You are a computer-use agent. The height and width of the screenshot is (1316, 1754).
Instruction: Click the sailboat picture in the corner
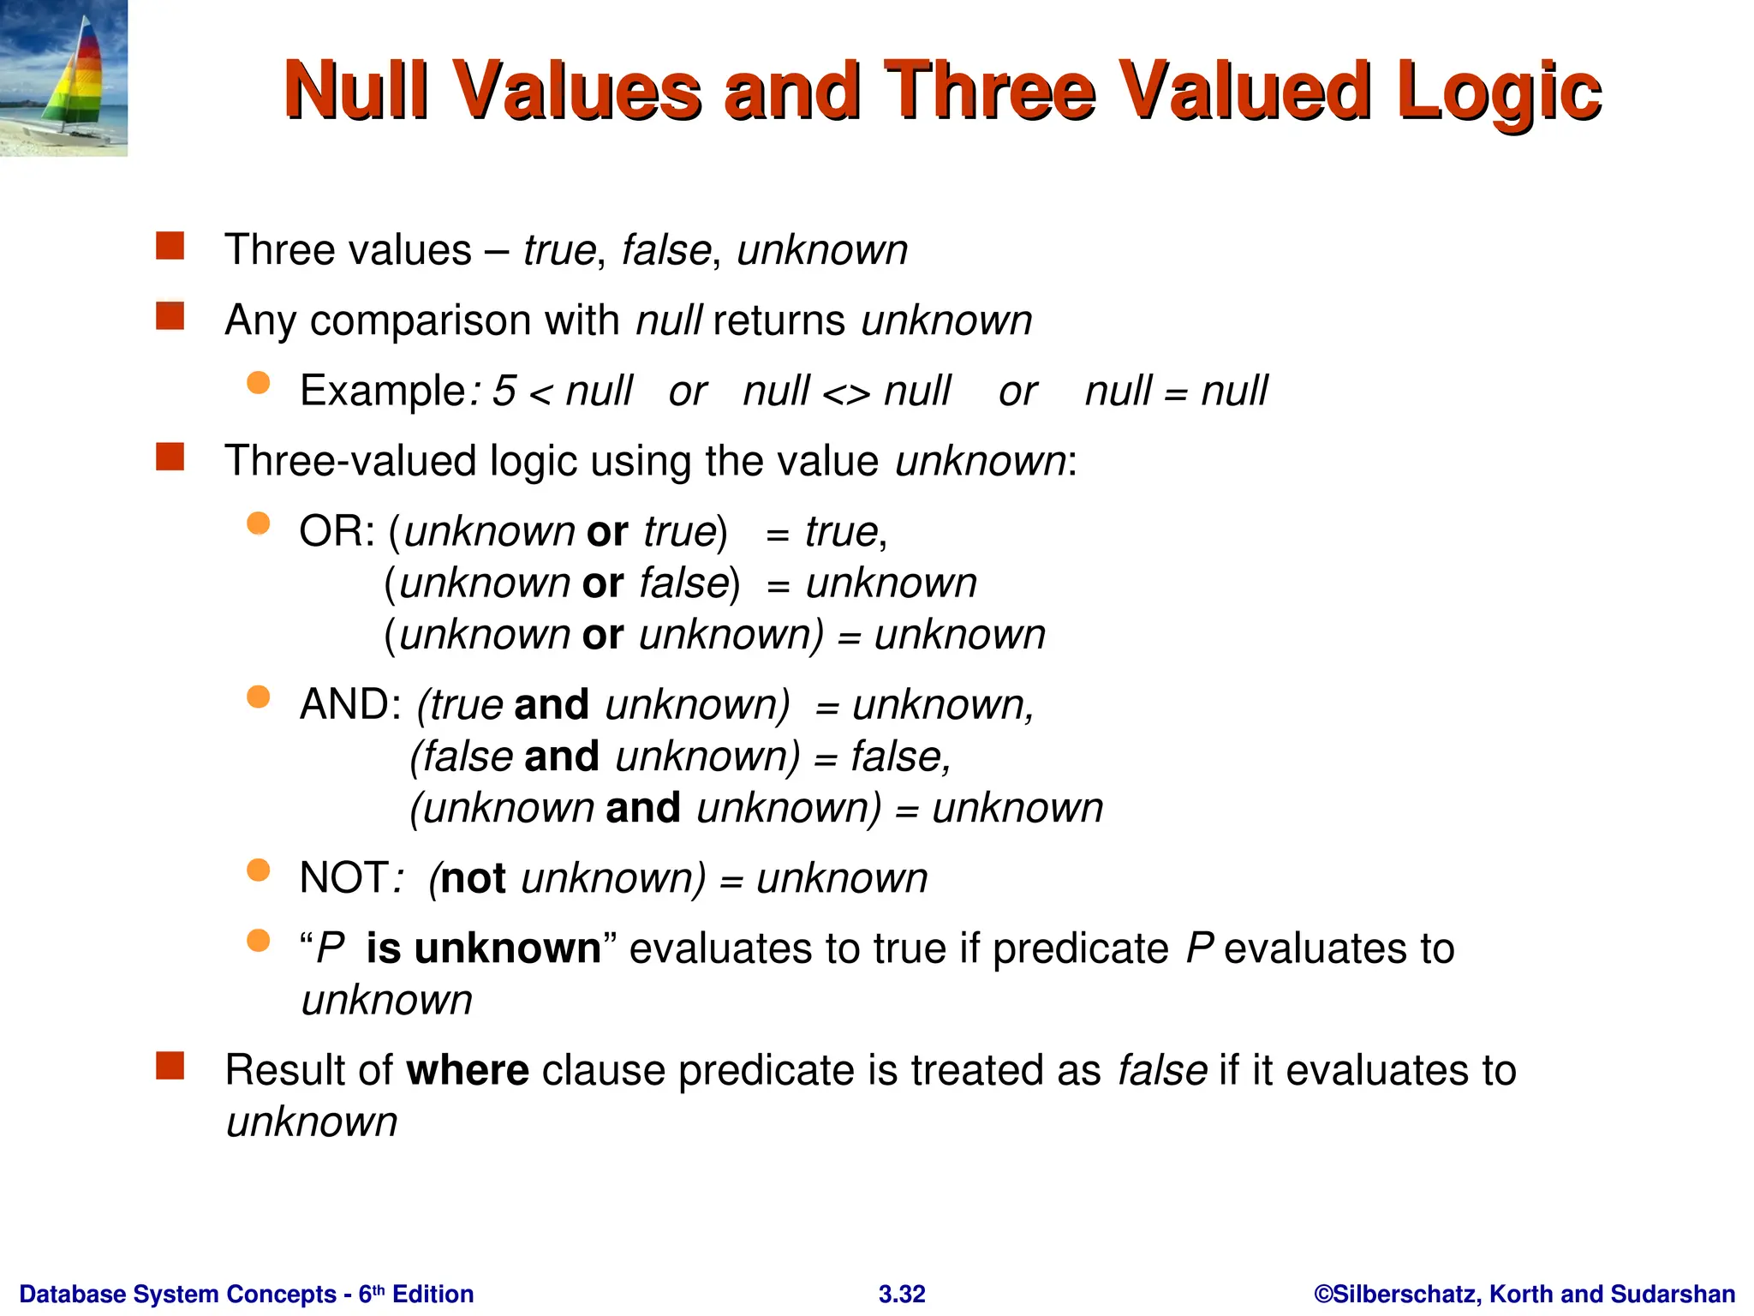63,78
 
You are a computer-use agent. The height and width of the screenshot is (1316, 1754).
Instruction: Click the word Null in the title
355,90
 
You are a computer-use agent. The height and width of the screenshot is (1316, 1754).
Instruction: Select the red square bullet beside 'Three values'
170,246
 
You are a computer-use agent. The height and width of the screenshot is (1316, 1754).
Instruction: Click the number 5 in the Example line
504,392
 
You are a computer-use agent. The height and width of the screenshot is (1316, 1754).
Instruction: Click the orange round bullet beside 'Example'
258,382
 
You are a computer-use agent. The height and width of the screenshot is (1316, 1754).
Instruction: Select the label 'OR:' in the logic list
337,532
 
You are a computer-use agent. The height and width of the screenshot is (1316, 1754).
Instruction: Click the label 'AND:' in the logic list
350,705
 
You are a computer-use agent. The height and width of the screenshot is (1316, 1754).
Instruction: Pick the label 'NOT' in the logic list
343,878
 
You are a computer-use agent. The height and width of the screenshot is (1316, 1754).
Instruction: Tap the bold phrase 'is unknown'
484,948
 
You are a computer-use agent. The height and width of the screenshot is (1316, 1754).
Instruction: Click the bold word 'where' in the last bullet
468,1071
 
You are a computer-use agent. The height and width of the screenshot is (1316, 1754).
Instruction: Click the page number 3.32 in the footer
902,1294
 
